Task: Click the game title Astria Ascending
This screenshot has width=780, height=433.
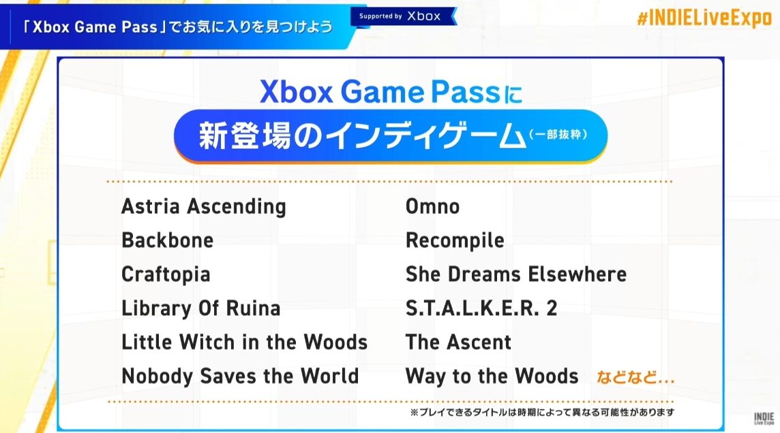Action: click(x=204, y=206)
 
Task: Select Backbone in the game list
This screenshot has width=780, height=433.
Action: click(x=168, y=240)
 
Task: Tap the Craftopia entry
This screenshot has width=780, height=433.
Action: click(x=166, y=274)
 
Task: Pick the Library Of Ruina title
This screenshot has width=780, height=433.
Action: click(x=201, y=308)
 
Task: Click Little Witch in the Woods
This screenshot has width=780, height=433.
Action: click(x=245, y=342)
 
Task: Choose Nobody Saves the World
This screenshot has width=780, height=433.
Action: click(x=240, y=376)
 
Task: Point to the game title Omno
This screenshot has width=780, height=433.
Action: click(x=433, y=206)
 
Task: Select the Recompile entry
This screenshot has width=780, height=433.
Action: click(x=455, y=241)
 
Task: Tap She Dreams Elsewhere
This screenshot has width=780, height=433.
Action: click(x=516, y=274)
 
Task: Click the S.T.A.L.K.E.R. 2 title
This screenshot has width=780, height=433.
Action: click(x=481, y=308)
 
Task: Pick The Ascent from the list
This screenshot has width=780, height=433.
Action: click(x=459, y=342)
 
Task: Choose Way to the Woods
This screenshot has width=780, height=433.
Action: click(x=492, y=376)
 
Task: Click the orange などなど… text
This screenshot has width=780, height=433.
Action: click(x=635, y=377)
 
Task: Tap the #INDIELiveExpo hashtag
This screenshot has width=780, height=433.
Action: click(x=704, y=18)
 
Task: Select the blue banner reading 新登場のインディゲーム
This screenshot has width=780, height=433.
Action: click(x=391, y=136)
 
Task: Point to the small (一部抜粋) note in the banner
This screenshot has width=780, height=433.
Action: click(x=558, y=134)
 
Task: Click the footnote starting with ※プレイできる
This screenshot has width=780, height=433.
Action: click(x=542, y=412)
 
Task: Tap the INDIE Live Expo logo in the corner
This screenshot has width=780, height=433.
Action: click(x=764, y=418)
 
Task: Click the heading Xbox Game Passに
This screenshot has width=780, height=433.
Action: click(x=391, y=93)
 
